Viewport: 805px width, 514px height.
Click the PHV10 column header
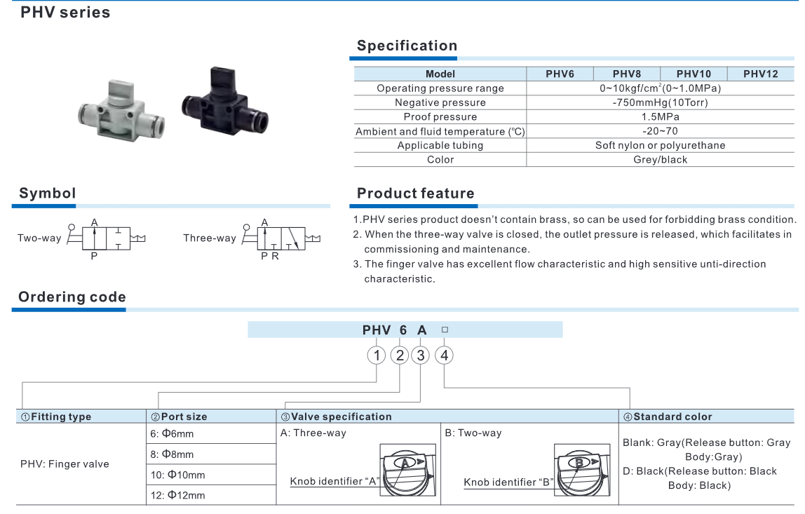point(694,74)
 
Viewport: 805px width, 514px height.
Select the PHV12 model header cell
point(761,74)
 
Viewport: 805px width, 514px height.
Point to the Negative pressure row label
point(440,102)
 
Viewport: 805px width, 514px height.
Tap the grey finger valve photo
point(118,113)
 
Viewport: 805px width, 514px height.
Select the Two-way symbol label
point(39,238)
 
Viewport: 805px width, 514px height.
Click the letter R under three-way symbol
point(276,256)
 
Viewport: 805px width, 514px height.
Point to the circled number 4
point(444,356)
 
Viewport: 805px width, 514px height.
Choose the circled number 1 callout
point(377,356)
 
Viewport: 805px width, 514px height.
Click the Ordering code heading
point(72,297)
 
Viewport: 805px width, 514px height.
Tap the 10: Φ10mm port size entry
point(177,475)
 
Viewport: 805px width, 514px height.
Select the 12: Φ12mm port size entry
point(177,495)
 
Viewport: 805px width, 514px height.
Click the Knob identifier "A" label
point(334,482)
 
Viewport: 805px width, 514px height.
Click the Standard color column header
point(672,417)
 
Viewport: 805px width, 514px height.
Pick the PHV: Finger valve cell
point(65,464)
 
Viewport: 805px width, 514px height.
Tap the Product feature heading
point(415,194)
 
